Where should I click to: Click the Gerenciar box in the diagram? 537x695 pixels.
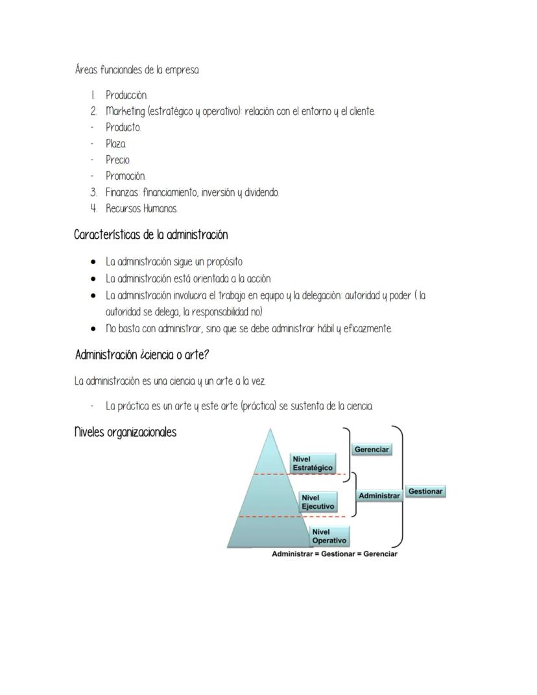tap(372, 450)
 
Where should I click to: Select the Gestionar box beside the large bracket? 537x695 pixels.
tap(425, 492)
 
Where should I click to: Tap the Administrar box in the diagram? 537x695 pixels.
tap(379, 496)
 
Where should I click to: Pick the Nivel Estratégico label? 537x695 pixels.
tap(313, 463)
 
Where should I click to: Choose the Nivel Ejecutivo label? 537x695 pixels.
tap(318, 502)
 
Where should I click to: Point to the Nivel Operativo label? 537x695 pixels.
tap(329, 537)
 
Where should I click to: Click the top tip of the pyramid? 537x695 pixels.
tap(270, 430)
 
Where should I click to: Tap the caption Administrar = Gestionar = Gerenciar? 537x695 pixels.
tap(334, 554)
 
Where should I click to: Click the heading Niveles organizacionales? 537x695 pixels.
tap(125, 433)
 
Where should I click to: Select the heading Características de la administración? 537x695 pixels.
tap(150, 234)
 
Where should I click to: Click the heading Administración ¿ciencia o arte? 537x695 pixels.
tap(142, 355)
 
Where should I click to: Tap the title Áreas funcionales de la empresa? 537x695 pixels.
tap(137, 70)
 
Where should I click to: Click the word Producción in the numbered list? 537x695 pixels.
tap(126, 95)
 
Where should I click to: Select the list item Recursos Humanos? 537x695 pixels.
tap(141, 208)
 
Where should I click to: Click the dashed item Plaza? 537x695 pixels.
tap(116, 143)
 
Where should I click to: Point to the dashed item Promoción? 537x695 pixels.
tap(126, 176)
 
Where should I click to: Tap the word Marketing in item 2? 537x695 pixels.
tap(125, 112)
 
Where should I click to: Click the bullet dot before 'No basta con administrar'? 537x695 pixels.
tap(95, 329)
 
